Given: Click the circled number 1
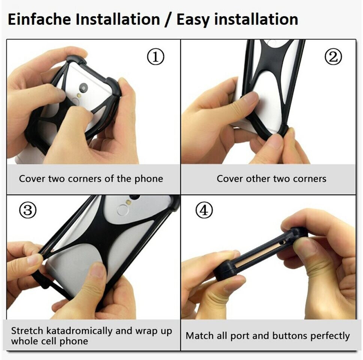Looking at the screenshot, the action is coord(156,57).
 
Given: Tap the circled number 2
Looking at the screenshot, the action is coord(333,57).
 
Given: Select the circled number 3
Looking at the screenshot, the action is coord(28,210).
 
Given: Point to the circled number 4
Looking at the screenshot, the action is coord(204,210).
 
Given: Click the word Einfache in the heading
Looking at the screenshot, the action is coord(39,19).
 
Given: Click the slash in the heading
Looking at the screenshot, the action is coord(168,19).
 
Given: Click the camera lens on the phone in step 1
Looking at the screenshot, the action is coord(83,87).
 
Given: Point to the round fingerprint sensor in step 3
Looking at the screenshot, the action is coord(122,210).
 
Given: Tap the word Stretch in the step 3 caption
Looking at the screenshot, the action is coord(27,331).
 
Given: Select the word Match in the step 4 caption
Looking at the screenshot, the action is coord(199,336).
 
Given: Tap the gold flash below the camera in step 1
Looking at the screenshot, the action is coord(79,95).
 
